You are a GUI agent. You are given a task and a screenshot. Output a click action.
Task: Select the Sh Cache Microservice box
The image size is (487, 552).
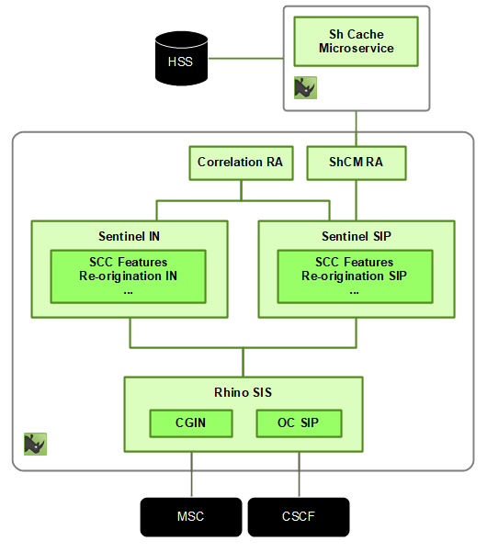pyautogui.click(x=356, y=41)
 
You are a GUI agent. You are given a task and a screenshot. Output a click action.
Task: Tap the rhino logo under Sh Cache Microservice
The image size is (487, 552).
pyautogui.click(x=305, y=87)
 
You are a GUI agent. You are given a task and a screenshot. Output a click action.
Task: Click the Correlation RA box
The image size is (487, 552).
pyautogui.click(x=240, y=163)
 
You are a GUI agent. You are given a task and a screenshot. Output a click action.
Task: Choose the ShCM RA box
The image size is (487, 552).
pyautogui.click(x=356, y=163)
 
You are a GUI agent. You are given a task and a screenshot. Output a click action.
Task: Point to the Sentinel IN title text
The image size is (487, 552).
pyautogui.click(x=130, y=235)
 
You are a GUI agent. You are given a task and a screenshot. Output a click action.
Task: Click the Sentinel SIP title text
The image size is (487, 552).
pyautogui.click(x=356, y=235)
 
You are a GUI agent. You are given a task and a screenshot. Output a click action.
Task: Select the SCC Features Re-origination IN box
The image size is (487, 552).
pyautogui.click(x=129, y=276)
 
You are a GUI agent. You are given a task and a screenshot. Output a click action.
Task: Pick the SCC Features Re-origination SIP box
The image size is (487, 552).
pyautogui.click(x=355, y=276)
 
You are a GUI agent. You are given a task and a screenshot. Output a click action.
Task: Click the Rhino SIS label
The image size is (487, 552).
pyautogui.click(x=243, y=391)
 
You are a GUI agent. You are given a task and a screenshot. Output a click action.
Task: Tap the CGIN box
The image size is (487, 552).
pyautogui.click(x=191, y=423)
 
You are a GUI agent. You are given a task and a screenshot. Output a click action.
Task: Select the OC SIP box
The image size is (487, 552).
pyautogui.click(x=298, y=423)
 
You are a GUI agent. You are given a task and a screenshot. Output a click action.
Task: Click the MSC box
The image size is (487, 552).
pyautogui.click(x=190, y=517)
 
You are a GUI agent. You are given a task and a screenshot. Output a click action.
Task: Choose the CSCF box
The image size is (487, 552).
pyautogui.click(x=298, y=517)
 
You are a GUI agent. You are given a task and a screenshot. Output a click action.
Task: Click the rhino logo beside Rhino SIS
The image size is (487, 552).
pyautogui.click(x=35, y=444)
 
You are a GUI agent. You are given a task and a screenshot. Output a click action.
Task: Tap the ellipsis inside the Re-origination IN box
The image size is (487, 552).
pyautogui.click(x=129, y=291)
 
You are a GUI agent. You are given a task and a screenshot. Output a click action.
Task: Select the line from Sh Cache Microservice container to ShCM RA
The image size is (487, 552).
pyautogui.click(x=356, y=129)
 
